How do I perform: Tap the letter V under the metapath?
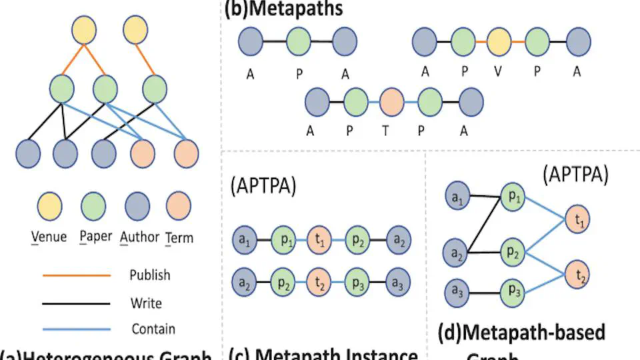coord(499,72)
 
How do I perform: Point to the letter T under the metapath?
coord(385,131)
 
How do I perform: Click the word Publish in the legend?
coord(150,275)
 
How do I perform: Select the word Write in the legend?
coord(146,303)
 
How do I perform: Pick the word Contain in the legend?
coord(153,329)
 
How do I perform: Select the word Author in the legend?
coord(141,237)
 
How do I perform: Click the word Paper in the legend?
coord(95,237)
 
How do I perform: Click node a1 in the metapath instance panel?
coord(244,240)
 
